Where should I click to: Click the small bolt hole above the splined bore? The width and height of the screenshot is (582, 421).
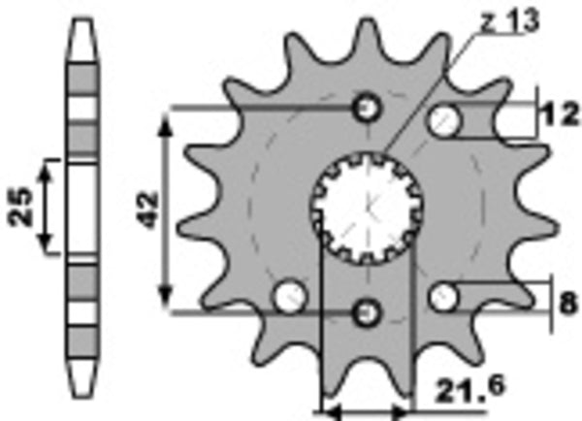pyautogui.click(x=368, y=108)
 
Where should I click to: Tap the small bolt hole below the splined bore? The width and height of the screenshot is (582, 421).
pyautogui.click(x=368, y=311)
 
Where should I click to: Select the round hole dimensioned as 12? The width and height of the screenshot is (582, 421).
pyautogui.click(x=448, y=119)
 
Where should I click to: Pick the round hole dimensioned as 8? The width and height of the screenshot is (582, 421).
pyautogui.click(x=444, y=298)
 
